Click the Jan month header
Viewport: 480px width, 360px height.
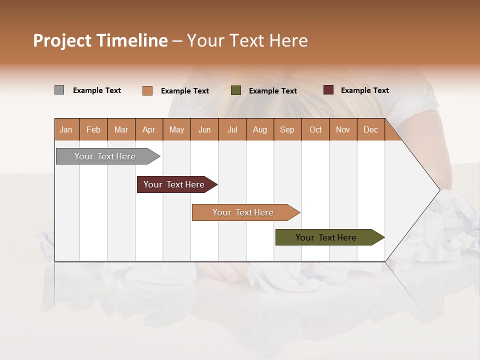66,130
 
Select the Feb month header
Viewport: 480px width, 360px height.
93,130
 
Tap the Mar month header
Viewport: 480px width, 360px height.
121,130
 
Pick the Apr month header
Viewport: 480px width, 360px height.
149,130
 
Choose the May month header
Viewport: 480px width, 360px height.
176,130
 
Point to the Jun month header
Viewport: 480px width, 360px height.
204,130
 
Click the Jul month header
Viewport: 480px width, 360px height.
232,130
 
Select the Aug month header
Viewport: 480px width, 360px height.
260,130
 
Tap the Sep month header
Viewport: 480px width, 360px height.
287,130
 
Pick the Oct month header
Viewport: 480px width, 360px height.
315,130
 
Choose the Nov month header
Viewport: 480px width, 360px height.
343,130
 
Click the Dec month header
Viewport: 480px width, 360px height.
371,130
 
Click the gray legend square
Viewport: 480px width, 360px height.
59,90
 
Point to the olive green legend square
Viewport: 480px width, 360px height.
236,90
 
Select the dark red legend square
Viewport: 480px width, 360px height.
328,90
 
